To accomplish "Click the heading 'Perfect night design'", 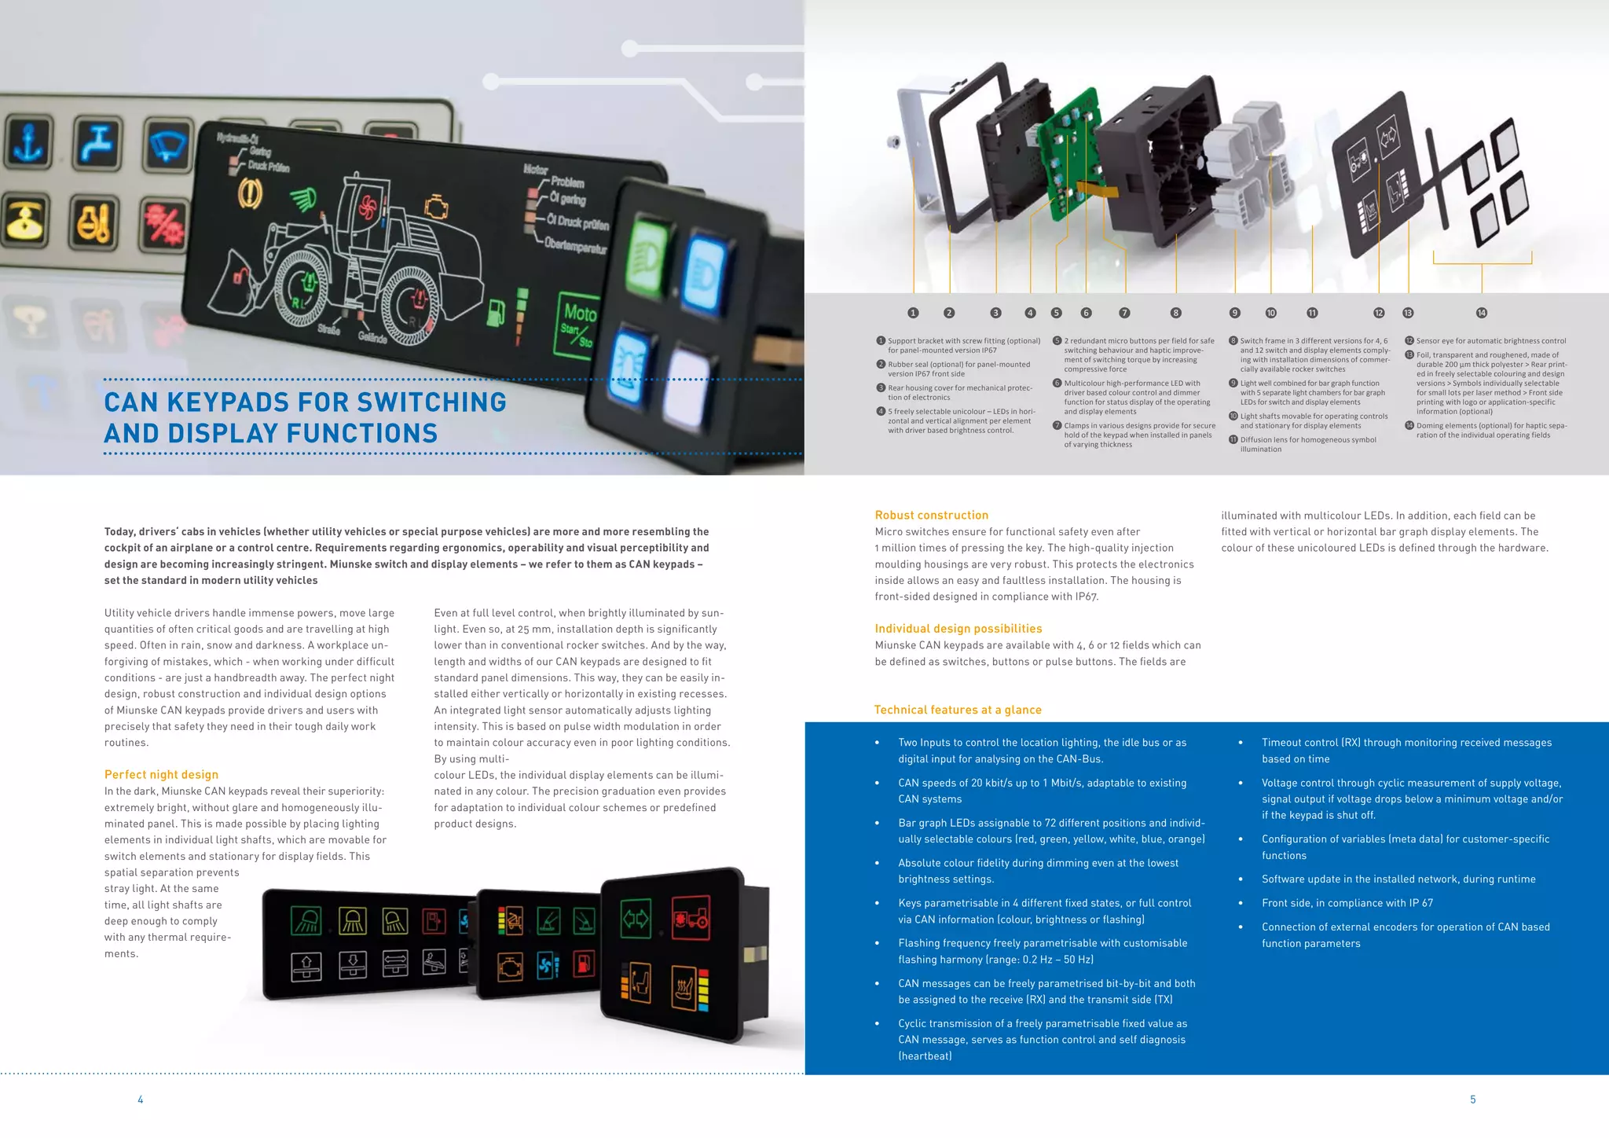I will click(x=161, y=774).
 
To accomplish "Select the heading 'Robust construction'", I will click(x=931, y=515).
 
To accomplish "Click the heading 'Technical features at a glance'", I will click(x=957, y=709).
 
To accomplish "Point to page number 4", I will click(x=141, y=1099).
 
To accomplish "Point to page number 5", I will click(x=1472, y=1099).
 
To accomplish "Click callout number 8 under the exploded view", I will click(x=1175, y=313).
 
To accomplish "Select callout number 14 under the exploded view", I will click(x=1481, y=313).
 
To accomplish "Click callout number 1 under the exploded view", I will click(x=913, y=313).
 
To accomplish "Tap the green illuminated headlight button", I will click(x=649, y=253).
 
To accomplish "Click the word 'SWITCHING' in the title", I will click(x=431, y=402).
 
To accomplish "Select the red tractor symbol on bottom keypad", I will click(x=691, y=917).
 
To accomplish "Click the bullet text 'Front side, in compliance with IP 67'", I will click(x=1347, y=903).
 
